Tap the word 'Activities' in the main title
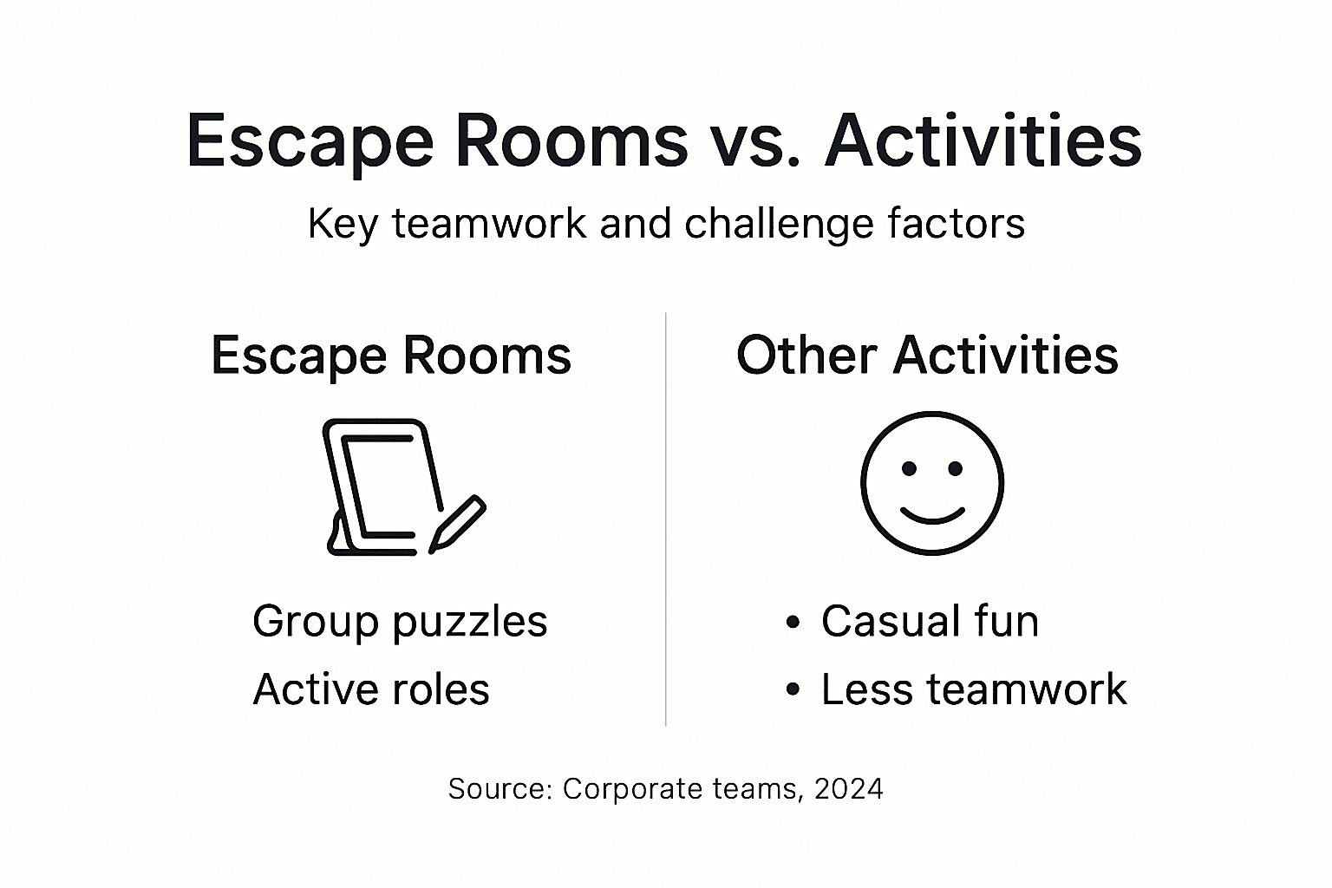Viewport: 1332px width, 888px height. point(983,141)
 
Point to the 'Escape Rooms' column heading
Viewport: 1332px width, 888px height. point(391,355)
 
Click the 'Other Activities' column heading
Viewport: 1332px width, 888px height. point(927,355)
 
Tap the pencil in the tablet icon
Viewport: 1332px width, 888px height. point(457,524)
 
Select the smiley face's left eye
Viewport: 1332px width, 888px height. point(909,469)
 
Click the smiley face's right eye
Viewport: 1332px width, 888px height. point(955,469)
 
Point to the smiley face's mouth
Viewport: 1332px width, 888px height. point(932,515)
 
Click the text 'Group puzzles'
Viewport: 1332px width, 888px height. point(400,621)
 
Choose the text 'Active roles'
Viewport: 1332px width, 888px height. point(371,689)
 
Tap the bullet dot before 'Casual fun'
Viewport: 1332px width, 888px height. point(792,622)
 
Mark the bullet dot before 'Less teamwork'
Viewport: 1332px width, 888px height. point(792,690)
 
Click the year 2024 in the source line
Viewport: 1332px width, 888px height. point(849,788)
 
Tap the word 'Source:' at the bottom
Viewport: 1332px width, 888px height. point(500,788)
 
